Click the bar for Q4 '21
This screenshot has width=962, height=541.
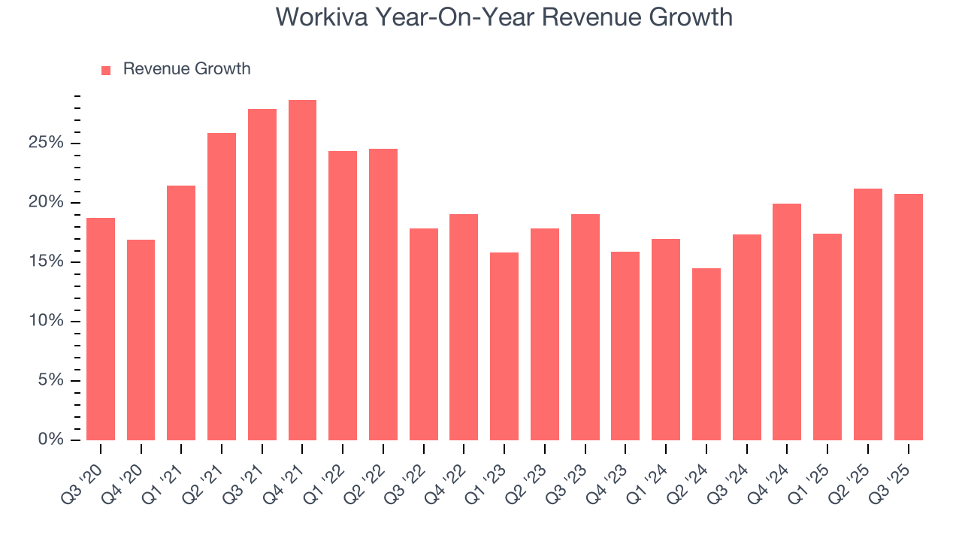pyautogui.click(x=302, y=270)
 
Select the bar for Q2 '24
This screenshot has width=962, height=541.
pyautogui.click(x=706, y=354)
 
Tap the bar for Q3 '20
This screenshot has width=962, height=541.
pyautogui.click(x=101, y=329)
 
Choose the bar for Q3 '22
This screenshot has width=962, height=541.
pyautogui.click(x=424, y=334)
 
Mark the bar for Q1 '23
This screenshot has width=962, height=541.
pyautogui.click(x=504, y=346)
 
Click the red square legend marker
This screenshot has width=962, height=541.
pyautogui.click(x=106, y=70)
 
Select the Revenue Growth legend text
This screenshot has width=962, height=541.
pyautogui.click(x=186, y=69)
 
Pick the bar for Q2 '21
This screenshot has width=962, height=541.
pyautogui.click(x=222, y=286)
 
